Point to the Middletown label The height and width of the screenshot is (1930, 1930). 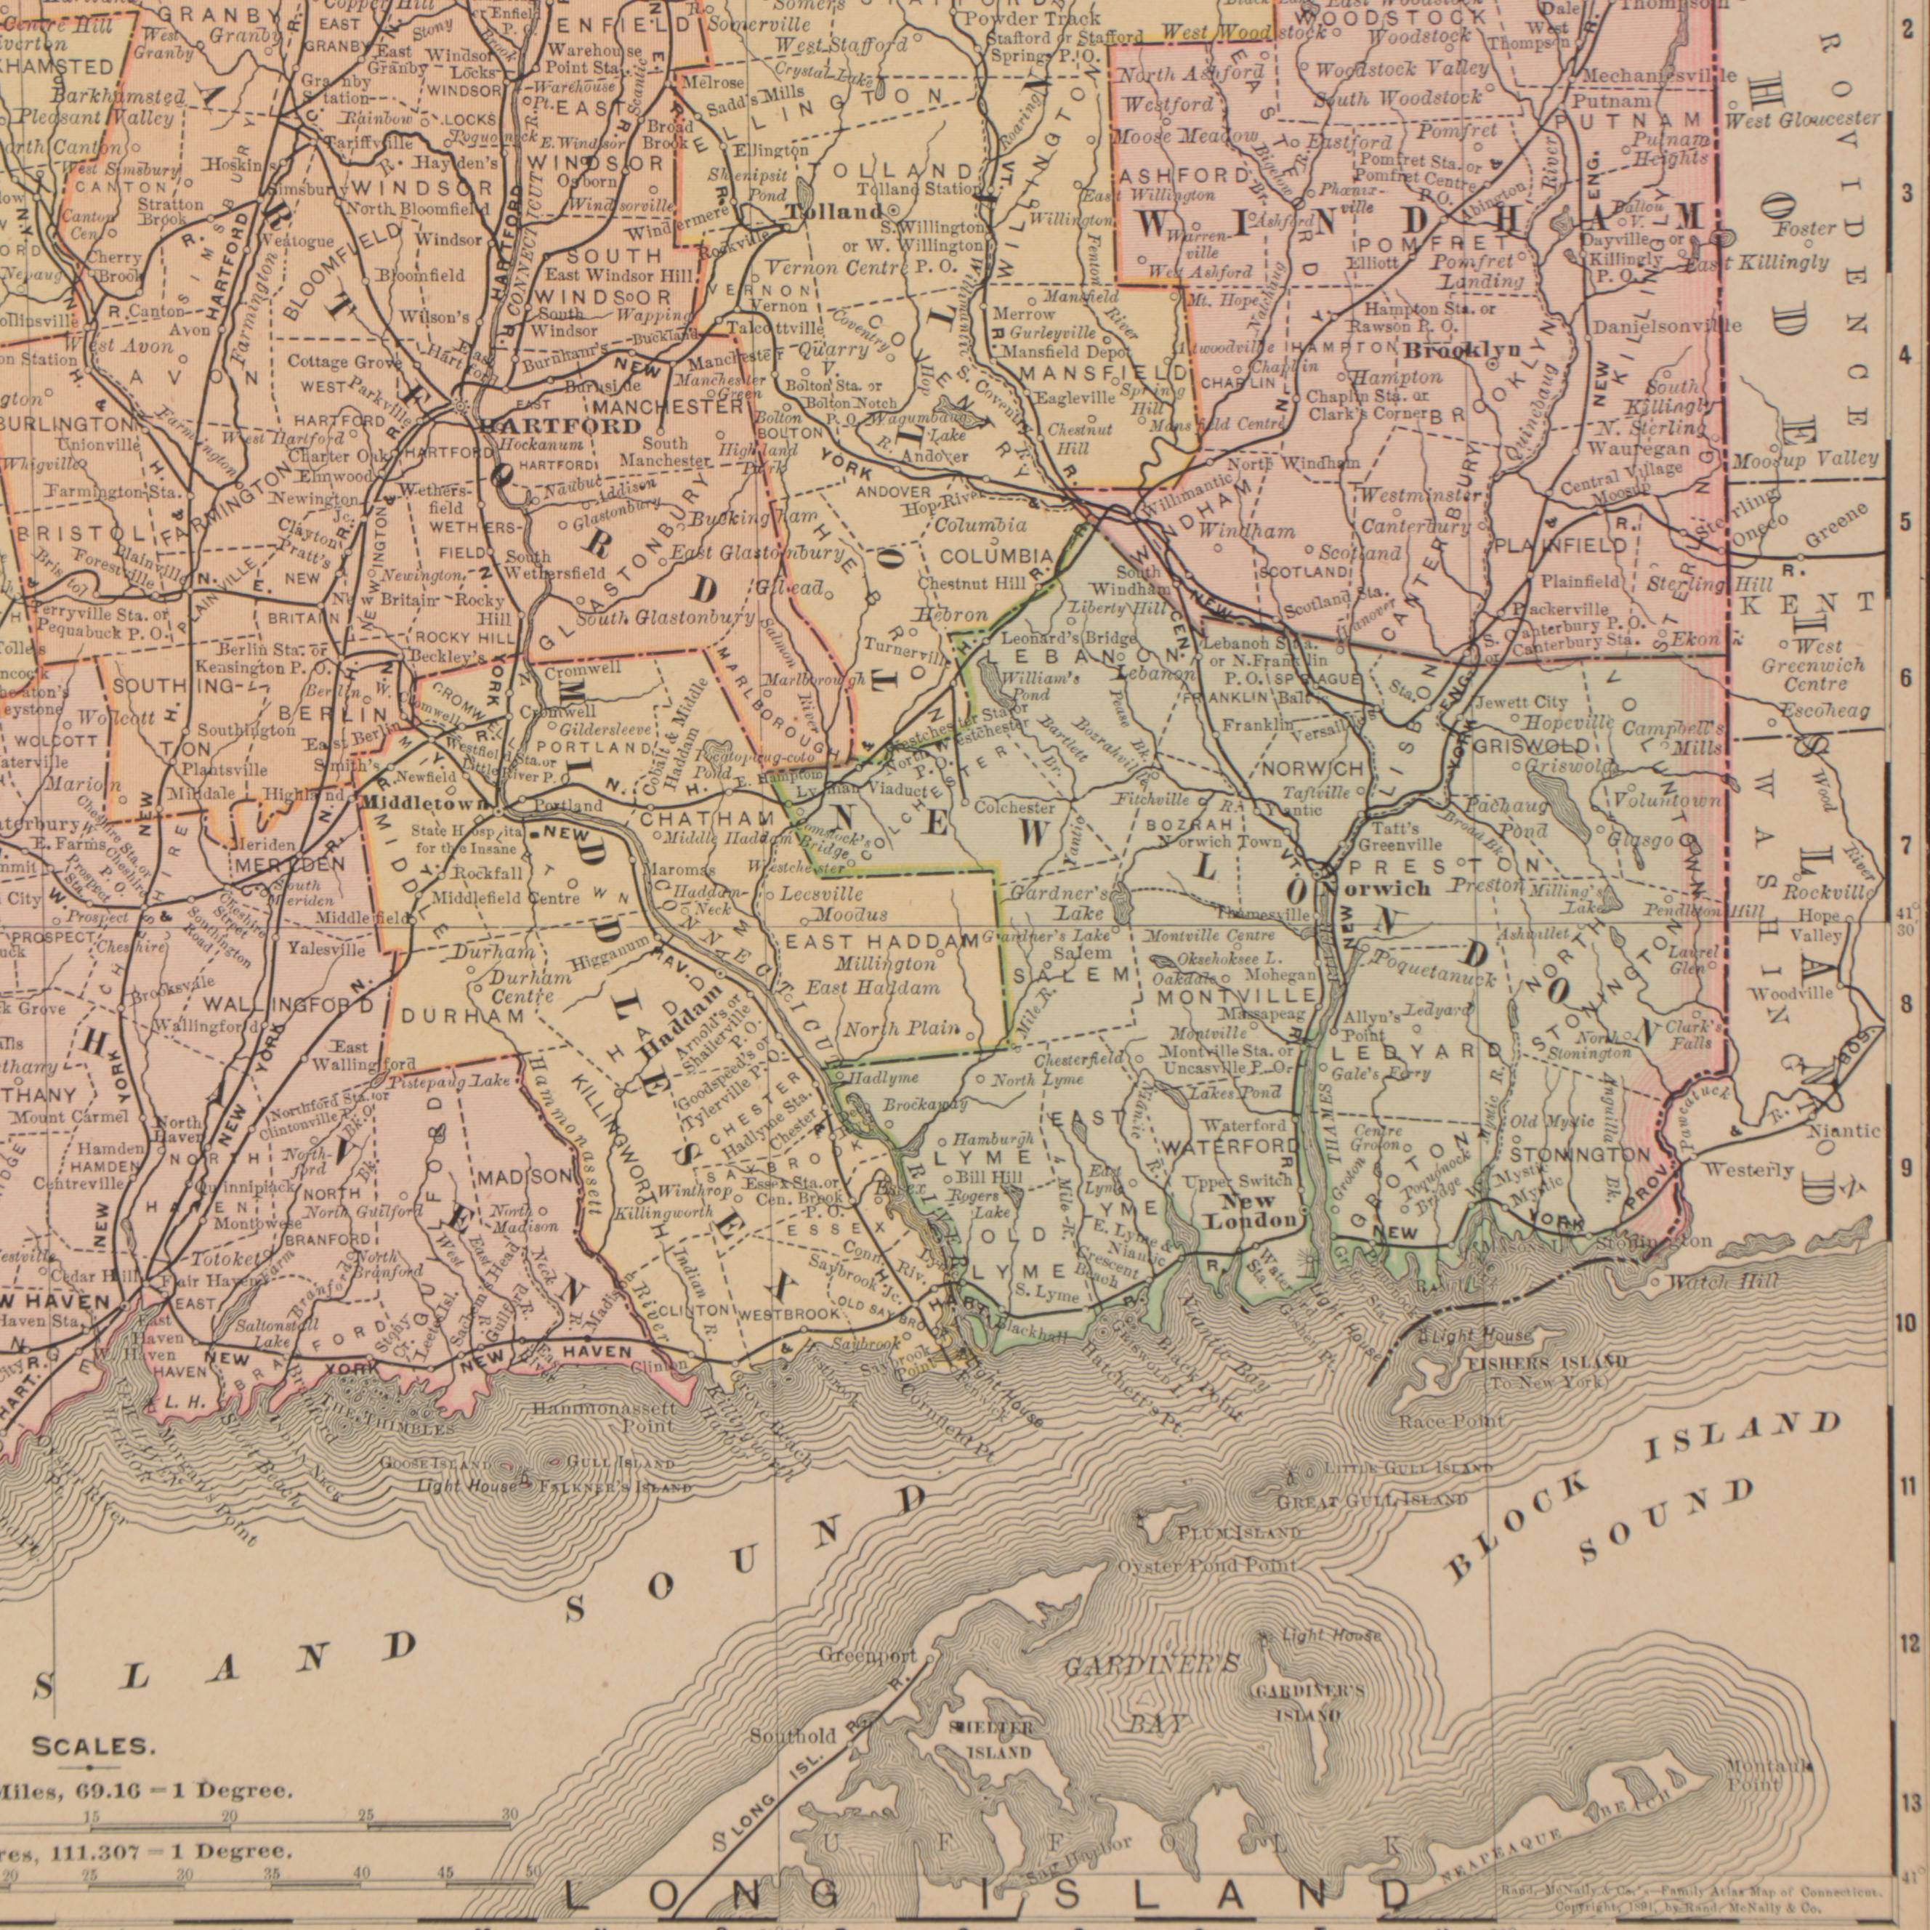[x=424, y=804]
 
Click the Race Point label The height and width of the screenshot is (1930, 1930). [x=1450, y=1421]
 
